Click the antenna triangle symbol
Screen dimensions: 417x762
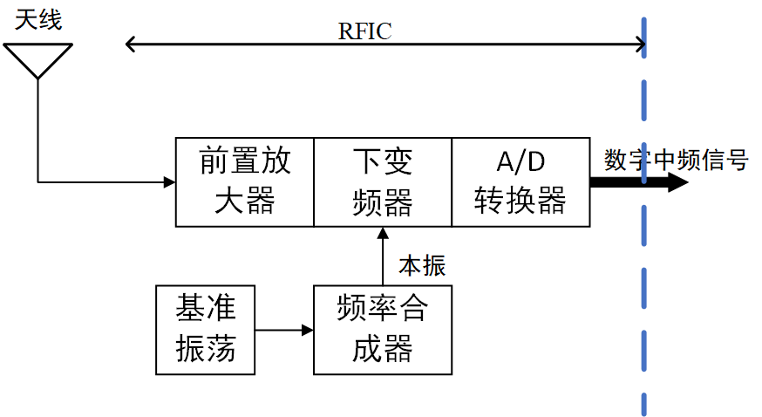click(37, 58)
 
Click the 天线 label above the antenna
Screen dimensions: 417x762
click(38, 19)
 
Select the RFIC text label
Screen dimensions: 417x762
click(364, 31)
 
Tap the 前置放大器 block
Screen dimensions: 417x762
click(244, 181)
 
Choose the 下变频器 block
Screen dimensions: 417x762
click(382, 181)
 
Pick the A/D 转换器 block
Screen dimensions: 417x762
click(520, 181)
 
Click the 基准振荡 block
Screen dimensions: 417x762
click(205, 330)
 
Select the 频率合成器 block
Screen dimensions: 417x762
click(382, 330)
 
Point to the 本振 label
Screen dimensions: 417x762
click(422, 264)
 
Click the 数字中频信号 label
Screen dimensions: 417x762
click(676, 161)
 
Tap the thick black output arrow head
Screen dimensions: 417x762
click(677, 182)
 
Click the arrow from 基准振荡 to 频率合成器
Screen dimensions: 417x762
click(284, 331)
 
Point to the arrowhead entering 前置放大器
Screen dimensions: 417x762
click(169, 182)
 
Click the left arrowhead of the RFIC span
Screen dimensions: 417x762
click(132, 44)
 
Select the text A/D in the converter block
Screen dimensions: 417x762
click(520, 161)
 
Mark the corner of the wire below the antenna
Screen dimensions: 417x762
click(38, 182)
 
